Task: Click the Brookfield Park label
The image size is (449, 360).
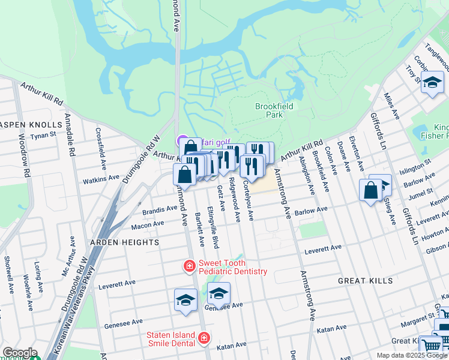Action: [269, 110]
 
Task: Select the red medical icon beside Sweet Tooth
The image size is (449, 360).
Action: [189, 265]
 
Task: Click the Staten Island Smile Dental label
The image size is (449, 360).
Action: [171, 339]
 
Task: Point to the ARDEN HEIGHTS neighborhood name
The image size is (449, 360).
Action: [124, 242]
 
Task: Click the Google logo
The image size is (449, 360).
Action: [19, 353]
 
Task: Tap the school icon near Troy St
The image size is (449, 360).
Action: [432, 83]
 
